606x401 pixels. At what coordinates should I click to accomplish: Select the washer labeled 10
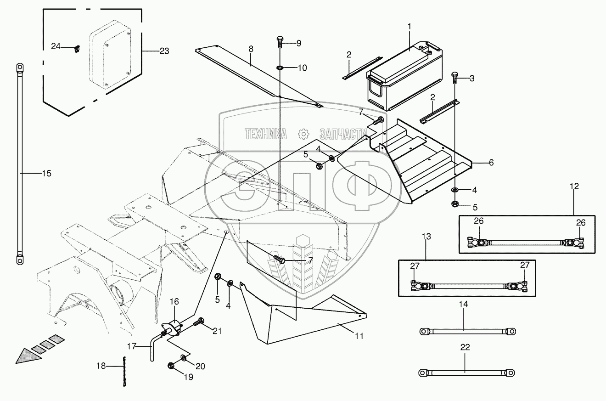pyautogui.click(x=280, y=68)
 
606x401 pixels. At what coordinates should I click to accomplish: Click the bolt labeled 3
pyautogui.click(x=454, y=78)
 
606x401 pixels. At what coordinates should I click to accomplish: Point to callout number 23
pyautogui.click(x=164, y=51)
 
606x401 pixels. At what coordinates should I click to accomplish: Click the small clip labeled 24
pyautogui.click(x=76, y=47)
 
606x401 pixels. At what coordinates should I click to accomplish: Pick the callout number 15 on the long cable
pyautogui.click(x=46, y=173)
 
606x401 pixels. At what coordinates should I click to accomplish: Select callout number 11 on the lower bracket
pyautogui.click(x=359, y=336)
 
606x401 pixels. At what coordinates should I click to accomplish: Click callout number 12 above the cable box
pyautogui.click(x=574, y=186)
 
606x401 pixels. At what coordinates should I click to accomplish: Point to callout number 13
pyautogui.click(x=426, y=237)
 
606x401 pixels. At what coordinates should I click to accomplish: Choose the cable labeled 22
pyautogui.click(x=466, y=372)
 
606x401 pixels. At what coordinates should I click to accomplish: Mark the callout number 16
pyautogui.click(x=174, y=301)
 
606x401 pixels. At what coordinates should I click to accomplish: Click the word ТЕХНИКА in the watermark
pyautogui.click(x=266, y=134)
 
